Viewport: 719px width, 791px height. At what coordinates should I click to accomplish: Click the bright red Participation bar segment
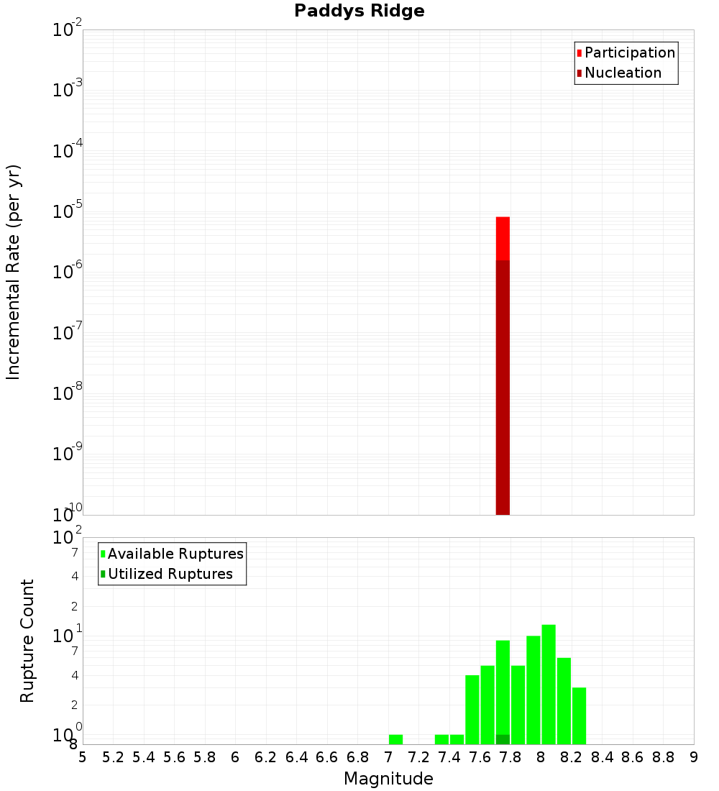click(503, 238)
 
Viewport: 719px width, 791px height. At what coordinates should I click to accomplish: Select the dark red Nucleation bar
click(503, 388)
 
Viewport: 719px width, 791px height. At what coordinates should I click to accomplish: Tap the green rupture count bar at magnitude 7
click(395, 739)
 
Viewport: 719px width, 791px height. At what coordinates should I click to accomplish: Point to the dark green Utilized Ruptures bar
click(503, 739)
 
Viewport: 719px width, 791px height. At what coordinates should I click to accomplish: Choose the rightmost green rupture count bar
click(579, 715)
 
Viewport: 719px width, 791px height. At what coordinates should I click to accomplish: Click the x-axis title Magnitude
click(388, 779)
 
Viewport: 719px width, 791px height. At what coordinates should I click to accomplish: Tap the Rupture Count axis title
click(27, 641)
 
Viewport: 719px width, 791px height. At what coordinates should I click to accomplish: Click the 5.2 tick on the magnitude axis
click(114, 757)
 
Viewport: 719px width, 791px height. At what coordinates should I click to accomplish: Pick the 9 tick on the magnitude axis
click(694, 757)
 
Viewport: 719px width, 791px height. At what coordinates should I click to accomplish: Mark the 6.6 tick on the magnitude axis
click(327, 757)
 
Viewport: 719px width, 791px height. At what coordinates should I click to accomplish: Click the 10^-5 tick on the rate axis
click(67, 213)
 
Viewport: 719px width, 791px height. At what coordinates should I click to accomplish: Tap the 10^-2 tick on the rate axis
click(67, 31)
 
